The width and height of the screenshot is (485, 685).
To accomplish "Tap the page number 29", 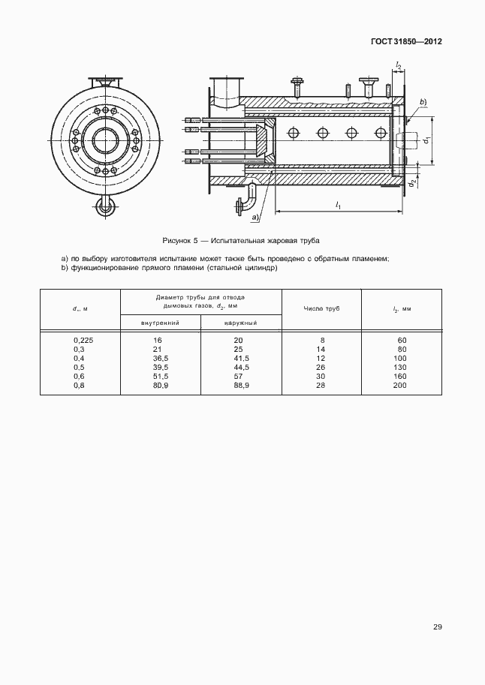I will tap(437, 627).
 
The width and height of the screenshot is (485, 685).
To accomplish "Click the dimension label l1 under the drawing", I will tap(339, 206).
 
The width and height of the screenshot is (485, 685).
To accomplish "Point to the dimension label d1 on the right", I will tap(426, 140).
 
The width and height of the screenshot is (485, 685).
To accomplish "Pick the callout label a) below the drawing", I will tap(256, 217).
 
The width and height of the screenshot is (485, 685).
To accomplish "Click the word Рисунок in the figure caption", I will tap(178, 241).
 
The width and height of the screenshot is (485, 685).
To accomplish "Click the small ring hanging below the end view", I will tap(104, 206).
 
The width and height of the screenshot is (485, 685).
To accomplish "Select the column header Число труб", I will tap(322, 309).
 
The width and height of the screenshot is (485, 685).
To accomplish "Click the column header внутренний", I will tap(159, 323).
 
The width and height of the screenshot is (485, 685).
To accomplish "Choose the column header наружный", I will tap(240, 323).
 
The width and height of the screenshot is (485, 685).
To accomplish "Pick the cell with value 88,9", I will tap(239, 385).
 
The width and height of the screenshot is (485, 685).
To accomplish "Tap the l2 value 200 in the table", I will tap(400, 385).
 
